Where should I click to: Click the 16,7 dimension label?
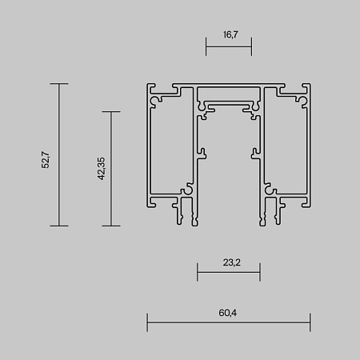tap(230, 34)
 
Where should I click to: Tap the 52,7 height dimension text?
tap(46, 160)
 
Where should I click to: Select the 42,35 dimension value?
tap(102, 169)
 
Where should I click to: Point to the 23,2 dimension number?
tap(232, 262)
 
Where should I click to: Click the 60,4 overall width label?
tap(228, 313)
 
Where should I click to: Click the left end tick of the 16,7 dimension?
tap(206, 46)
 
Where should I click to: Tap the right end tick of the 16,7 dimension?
tap(251, 46)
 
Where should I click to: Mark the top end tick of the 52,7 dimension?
tap(59, 84)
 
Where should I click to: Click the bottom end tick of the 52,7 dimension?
tap(59, 226)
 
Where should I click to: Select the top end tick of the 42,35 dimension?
tap(111, 112)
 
